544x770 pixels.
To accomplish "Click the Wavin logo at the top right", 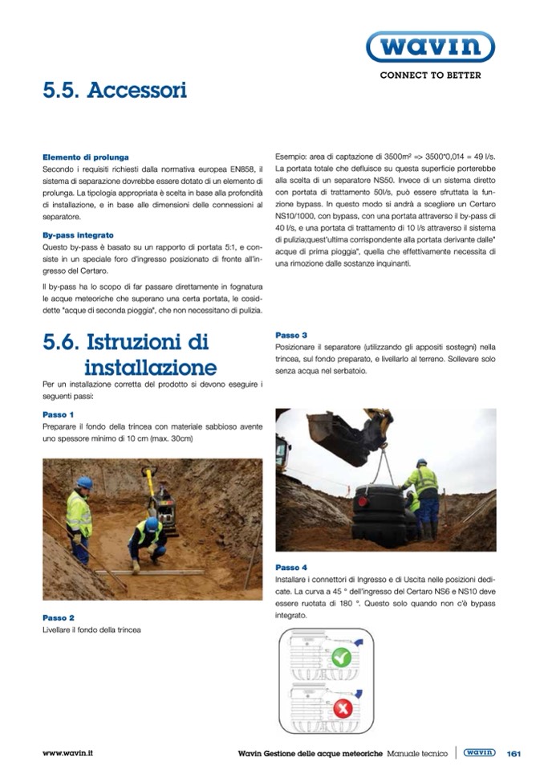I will pos(430,47).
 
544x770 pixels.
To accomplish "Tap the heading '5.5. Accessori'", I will pos(115,90).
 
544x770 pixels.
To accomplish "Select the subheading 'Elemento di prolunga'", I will pos(86,157).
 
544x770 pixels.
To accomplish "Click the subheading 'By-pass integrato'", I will pos(78,235).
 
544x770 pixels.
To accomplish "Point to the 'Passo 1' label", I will pos(59,414).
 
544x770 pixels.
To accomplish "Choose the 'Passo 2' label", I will pos(59,617).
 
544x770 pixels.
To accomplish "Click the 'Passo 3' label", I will pos(291,335).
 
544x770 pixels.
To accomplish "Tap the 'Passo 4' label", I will pos(291,568).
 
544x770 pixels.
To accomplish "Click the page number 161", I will pos(514,753).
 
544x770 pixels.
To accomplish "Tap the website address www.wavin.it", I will pos(67,753).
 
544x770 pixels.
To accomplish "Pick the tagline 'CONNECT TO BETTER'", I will pos(430,75).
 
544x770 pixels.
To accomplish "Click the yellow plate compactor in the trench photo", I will pos(162,496).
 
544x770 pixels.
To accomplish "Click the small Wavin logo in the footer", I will pos(480,752).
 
